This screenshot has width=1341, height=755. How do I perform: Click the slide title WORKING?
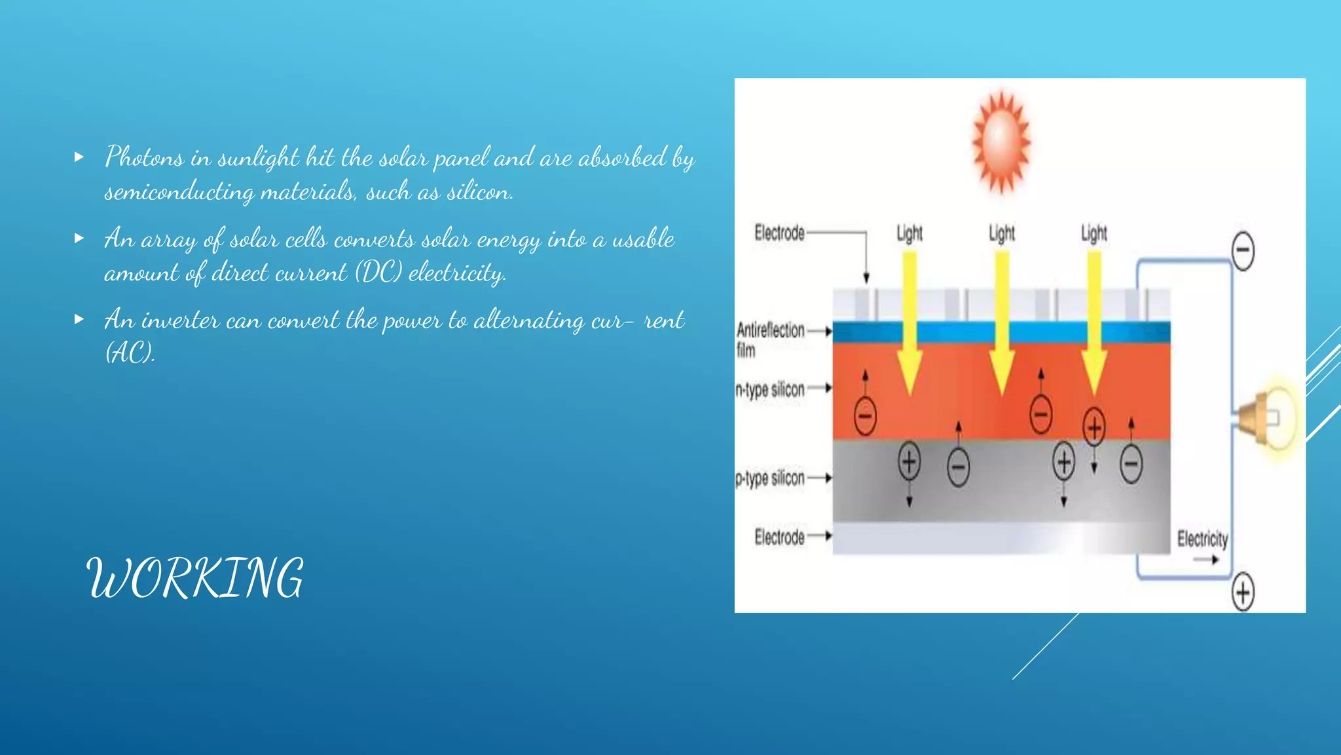pos(195,578)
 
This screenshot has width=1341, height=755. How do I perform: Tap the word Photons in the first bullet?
pos(144,158)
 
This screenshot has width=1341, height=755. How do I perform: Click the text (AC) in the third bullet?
pos(130,353)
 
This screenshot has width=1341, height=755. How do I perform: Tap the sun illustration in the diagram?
pos(1001,142)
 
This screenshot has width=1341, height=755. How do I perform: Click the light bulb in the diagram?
pos(1270,417)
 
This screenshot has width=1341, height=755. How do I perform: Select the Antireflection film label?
pos(770,339)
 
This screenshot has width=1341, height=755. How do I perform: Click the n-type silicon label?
pos(770,389)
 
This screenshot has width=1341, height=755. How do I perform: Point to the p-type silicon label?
pos(770,478)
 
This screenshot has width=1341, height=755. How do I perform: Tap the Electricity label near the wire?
pos(1202,539)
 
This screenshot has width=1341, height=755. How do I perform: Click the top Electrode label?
pos(779,233)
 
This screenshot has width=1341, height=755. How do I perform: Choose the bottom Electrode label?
pos(779,537)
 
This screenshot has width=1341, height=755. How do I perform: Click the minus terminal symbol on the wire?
pos(1243,251)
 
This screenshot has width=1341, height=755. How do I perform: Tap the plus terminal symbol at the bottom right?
pos(1243,592)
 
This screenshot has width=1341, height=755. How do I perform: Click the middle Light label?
pos(1002,233)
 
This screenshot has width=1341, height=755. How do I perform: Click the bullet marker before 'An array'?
pos(79,239)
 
